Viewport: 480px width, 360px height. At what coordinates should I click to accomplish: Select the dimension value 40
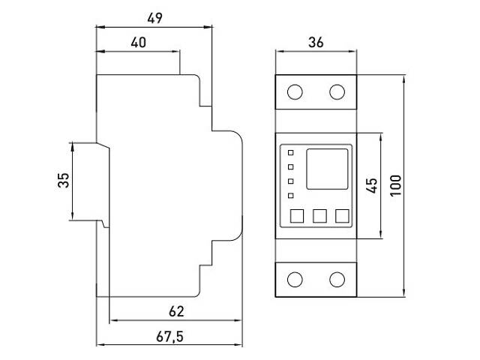(x=138, y=43)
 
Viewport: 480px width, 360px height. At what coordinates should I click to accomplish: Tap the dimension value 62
(x=177, y=310)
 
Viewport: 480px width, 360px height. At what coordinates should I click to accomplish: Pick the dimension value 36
(x=316, y=43)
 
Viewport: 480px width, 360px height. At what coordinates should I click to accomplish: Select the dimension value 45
(x=370, y=186)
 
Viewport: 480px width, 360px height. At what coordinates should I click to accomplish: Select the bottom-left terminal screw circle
(x=295, y=280)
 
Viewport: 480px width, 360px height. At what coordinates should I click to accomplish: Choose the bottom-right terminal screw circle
(x=337, y=280)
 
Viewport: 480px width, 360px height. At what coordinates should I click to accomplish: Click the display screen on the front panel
(x=327, y=169)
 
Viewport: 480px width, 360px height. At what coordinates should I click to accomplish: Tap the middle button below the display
(x=319, y=216)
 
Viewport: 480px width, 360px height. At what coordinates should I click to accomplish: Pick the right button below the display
(x=343, y=216)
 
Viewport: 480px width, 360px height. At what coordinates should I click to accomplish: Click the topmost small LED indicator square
(x=290, y=153)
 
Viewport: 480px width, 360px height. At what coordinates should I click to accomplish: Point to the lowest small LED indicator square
(x=290, y=196)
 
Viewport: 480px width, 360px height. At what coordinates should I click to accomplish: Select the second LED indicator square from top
(x=290, y=167)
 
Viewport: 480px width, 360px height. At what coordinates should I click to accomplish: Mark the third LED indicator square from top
(x=290, y=182)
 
